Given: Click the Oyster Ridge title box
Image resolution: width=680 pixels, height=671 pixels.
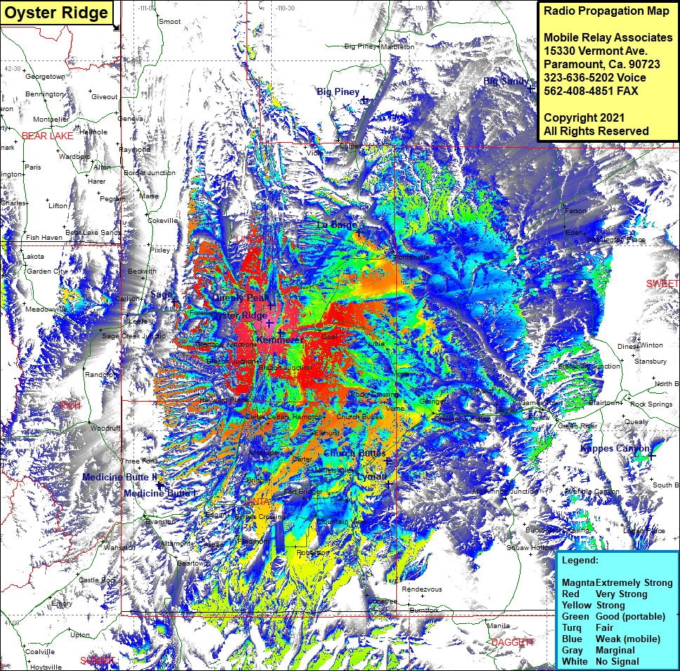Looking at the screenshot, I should tap(56, 13).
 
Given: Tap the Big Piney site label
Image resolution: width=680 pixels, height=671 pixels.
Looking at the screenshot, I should tap(338, 92).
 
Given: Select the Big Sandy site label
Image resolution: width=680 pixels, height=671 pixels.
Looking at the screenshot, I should tap(506, 82).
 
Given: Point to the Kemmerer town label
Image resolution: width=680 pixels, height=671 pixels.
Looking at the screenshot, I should tap(279, 340).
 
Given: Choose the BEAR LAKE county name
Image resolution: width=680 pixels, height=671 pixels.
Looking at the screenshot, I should tap(47, 136).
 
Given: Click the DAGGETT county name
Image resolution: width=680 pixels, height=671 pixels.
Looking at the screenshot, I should tap(513, 642).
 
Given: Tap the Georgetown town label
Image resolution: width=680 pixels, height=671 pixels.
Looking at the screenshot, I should tap(45, 76).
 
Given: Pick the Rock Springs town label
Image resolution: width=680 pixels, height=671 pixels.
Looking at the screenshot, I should tap(651, 404).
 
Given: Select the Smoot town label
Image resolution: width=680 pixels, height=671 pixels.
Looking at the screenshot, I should tap(169, 22).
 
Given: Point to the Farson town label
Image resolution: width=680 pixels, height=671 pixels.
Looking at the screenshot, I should tap(575, 211).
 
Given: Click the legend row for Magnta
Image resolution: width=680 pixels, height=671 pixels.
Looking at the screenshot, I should tap(617, 582).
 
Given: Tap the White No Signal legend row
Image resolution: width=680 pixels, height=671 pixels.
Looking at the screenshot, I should tap(601, 661).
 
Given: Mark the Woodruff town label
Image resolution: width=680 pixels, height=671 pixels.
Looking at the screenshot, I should tap(105, 428).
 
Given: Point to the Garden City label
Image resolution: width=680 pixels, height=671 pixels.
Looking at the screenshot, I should tap(47, 271).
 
